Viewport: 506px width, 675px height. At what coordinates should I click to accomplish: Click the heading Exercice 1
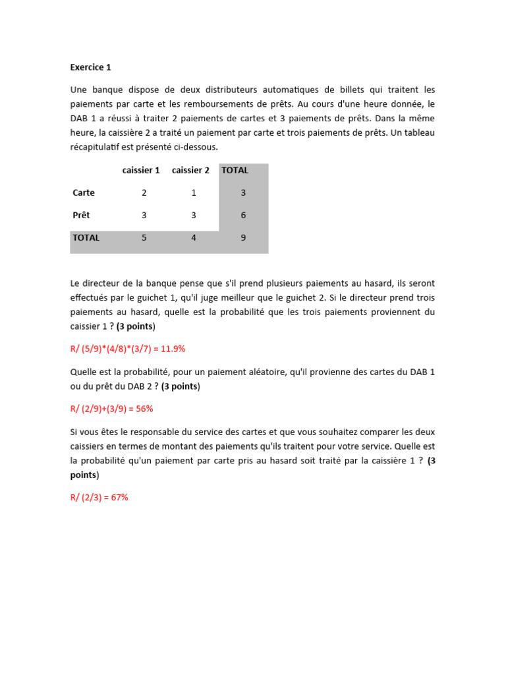90,67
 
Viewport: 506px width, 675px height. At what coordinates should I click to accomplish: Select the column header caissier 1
141,170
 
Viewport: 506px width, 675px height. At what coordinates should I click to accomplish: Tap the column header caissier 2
190,170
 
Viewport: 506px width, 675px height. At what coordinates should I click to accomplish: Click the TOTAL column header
235,170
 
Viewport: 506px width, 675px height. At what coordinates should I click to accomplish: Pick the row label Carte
84,192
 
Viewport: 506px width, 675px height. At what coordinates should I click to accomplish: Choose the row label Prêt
81,215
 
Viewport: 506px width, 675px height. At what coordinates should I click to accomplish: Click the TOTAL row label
86,237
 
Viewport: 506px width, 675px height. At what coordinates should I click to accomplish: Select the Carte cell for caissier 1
144,192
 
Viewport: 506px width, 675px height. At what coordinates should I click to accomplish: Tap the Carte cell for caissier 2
194,192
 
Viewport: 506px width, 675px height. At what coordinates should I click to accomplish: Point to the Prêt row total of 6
243,215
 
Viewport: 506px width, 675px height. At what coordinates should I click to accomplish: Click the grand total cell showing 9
243,237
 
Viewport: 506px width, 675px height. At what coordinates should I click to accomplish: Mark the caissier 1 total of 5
144,237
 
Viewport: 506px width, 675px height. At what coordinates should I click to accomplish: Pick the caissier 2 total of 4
194,237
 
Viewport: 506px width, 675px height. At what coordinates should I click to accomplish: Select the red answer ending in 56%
112,409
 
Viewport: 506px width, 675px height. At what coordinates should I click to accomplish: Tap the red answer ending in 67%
99,498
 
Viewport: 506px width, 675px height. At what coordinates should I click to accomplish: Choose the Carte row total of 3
243,192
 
